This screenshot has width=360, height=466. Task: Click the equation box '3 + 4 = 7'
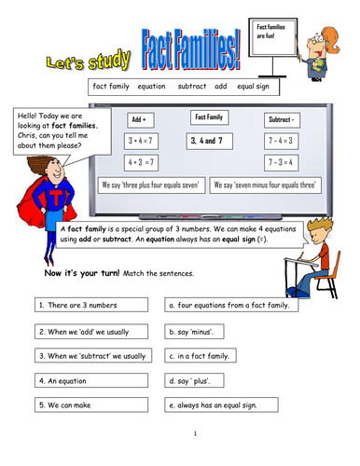tap(143, 140)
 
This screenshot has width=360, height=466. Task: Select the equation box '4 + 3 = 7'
tap(143, 160)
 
